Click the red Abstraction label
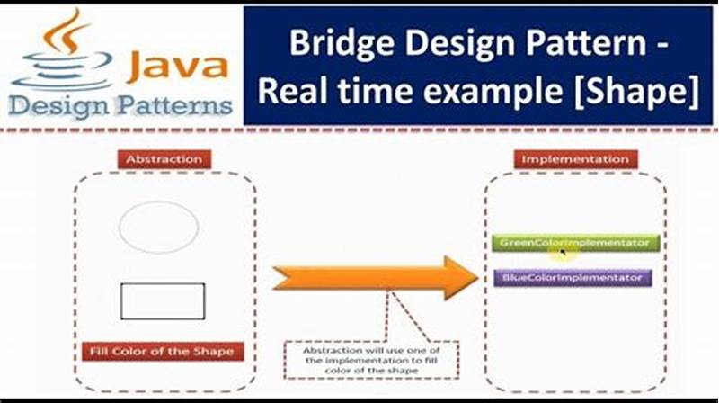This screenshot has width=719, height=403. pos(164,159)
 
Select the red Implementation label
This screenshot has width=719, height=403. pos(575,159)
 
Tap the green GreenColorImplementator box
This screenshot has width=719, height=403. pos(575,243)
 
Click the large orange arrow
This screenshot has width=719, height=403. pos(373,277)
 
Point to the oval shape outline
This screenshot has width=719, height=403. pos(158,227)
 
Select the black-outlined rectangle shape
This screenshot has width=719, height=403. pos(163,301)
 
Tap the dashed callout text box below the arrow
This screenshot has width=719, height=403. pos(371,359)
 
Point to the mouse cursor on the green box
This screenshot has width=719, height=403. pos(563,253)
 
